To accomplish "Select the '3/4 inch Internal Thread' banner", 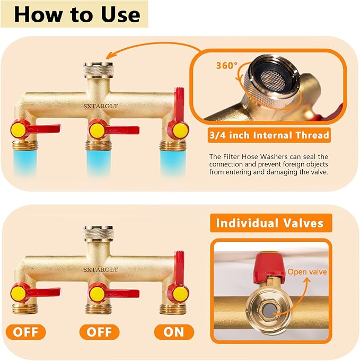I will (x=269, y=135).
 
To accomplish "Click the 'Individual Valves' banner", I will (x=270, y=223).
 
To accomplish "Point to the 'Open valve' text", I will (x=307, y=272).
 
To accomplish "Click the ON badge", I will (x=174, y=332).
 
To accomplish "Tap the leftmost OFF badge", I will (x=25, y=332).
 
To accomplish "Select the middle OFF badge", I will (x=99, y=332).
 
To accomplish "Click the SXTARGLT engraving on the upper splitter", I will (x=100, y=105).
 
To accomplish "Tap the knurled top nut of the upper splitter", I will (x=98, y=71).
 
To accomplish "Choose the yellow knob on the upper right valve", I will (x=177, y=129).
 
